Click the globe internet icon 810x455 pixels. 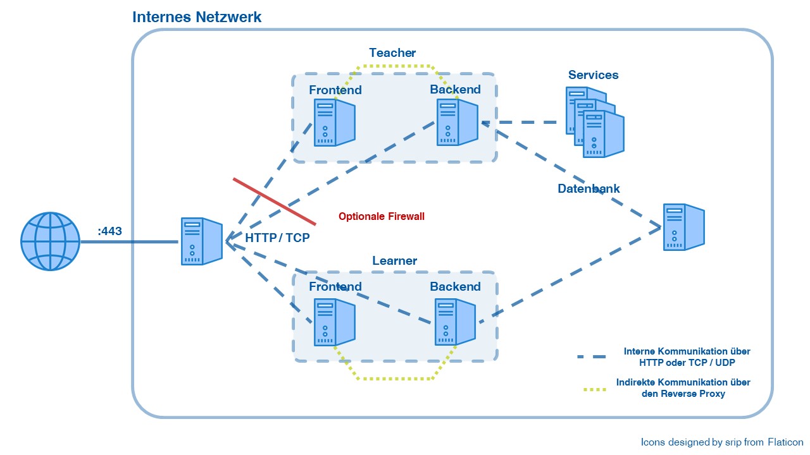coord(51,241)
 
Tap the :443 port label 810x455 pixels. coord(109,231)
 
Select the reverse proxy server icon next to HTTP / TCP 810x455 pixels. coord(201,241)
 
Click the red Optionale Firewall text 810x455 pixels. coord(381,216)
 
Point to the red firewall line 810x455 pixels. coord(274,201)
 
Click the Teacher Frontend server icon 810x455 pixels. coord(334,123)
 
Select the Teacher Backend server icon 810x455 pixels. coord(456,122)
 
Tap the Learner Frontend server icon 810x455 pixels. coord(334,322)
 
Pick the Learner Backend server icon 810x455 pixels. coord(454,322)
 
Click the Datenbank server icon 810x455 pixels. coord(683,226)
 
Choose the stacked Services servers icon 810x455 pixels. coord(594,122)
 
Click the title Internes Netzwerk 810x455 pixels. coord(197,17)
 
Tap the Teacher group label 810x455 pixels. coord(392,52)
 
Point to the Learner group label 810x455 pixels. coord(394,260)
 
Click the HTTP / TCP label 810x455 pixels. coord(277,238)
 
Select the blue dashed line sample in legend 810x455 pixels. coord(591,356)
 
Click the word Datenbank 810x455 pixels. coord(589,188)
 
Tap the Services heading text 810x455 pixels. coord(593,75)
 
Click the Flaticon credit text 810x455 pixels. coord(721,442)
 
